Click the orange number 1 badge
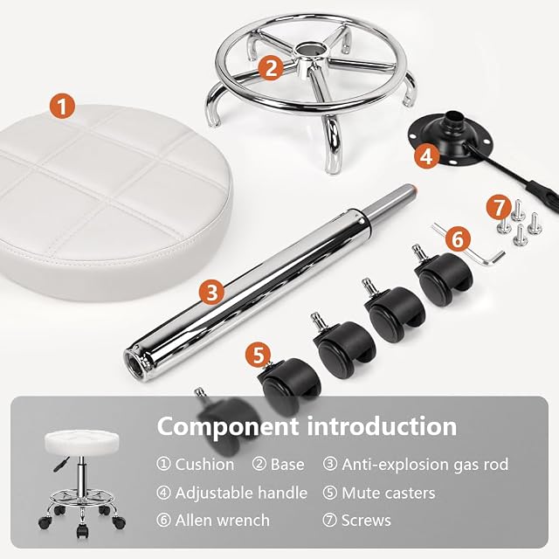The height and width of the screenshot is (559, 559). (62, 107)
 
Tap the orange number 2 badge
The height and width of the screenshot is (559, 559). (271, 67)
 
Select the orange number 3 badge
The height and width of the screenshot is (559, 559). (211, 293)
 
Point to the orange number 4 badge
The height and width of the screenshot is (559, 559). (427, 156)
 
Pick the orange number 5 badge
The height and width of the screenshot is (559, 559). (259, 355)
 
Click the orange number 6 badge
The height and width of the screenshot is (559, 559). (458, 238)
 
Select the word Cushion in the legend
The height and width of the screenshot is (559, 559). (204, 465)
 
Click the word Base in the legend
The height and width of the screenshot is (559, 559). (287, 465)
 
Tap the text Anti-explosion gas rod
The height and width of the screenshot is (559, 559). (425, 465)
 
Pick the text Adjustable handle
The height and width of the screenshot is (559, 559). (241, 493)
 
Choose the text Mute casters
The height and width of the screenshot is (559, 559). (388, 493)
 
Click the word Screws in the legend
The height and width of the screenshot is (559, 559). (366, 521)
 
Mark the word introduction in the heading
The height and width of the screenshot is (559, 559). (382, 426)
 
